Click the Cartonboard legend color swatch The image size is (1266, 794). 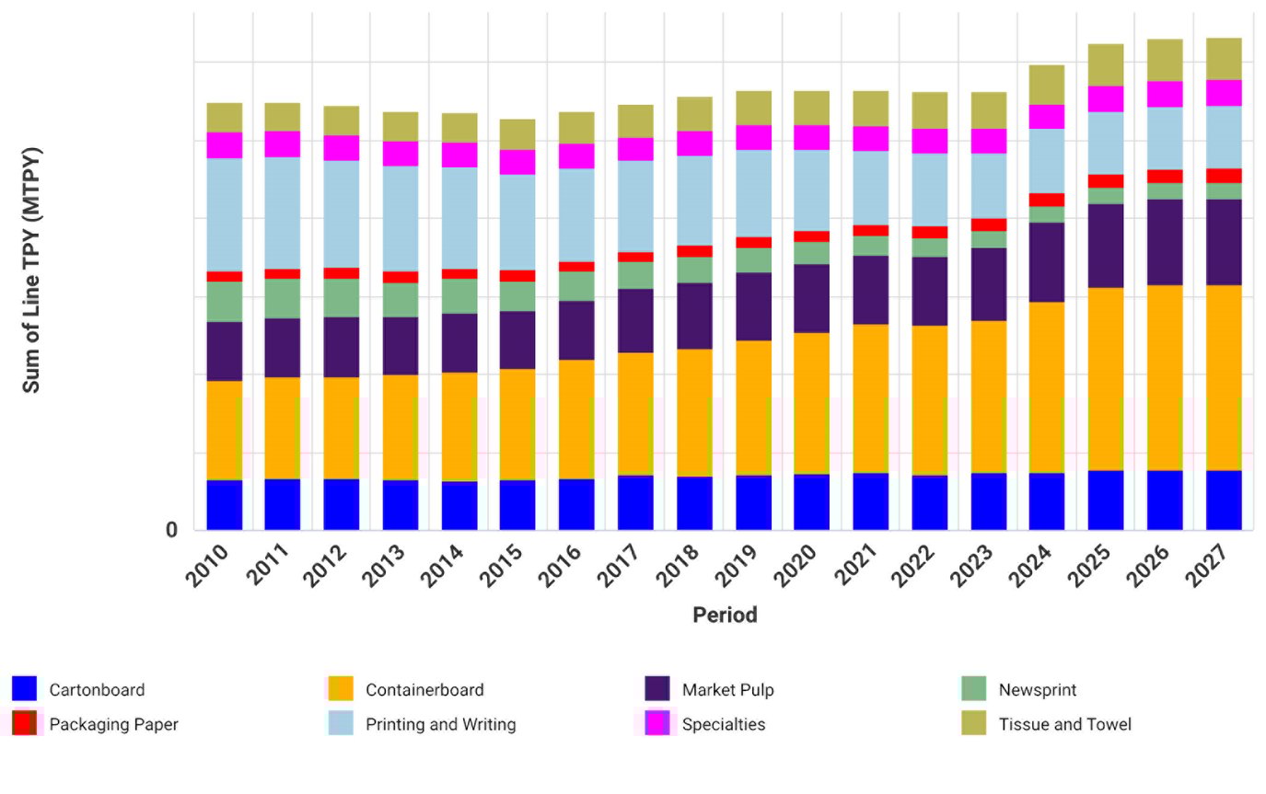coord(24,689)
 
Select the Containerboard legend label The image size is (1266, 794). coord(424,689)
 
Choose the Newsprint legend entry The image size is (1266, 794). coord(1037,689)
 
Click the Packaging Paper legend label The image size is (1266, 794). coord(113,724)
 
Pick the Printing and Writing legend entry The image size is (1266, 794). coord(440,724)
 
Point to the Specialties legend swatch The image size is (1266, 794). coord(656,724)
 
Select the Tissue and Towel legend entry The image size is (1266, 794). coord(1064,724)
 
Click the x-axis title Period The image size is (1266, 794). coord(725,615)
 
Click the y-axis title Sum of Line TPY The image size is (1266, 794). coord(31,270)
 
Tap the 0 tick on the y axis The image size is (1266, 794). coord(171,530)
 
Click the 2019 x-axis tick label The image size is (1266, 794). coord(738,564)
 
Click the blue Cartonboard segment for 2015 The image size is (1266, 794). coord(517,504)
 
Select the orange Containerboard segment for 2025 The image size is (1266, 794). coord(1106,379)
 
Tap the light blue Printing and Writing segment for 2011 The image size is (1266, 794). coord(283,213)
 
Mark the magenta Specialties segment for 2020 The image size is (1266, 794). coord(812,137)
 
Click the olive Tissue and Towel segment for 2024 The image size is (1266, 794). coord(1047,85)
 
